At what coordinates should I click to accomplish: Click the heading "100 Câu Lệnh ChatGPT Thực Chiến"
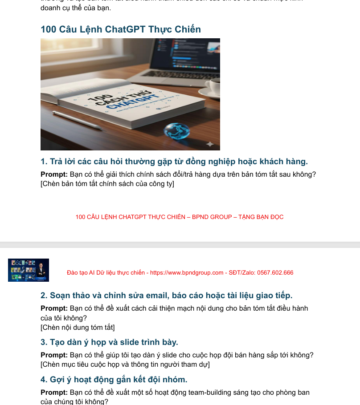121,29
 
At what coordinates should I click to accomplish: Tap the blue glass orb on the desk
176,131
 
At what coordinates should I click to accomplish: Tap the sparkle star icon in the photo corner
210,144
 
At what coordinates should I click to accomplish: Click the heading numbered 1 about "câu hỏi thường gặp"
174,161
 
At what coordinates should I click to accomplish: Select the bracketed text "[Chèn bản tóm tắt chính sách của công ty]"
107,184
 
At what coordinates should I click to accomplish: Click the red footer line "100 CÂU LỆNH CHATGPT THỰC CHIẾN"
180,217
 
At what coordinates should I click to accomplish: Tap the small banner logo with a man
29,270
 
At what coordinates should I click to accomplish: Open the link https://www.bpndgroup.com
187,273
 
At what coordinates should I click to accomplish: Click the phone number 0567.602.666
275,273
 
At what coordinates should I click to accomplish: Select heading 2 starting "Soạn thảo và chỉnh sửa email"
167,295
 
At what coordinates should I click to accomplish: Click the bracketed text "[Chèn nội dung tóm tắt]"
78,328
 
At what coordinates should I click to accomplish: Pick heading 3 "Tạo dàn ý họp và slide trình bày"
109,342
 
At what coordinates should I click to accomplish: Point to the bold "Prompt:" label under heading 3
54,355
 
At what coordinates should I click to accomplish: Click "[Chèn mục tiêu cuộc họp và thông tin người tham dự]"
125,364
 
